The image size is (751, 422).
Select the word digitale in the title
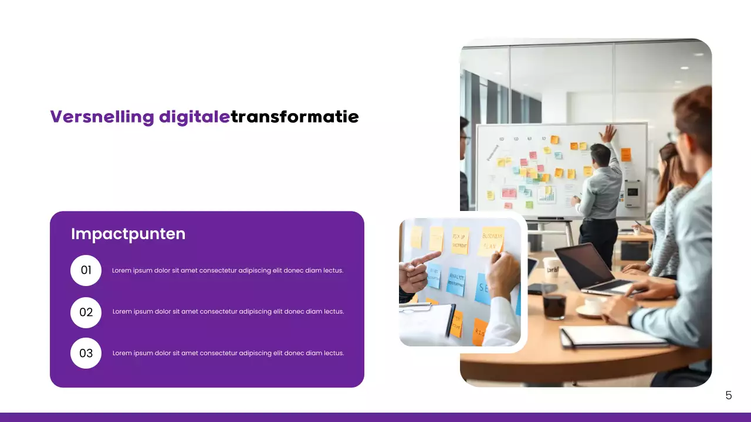coord(194,117)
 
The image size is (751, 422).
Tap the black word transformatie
coord(295,117)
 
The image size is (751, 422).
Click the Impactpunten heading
coord(128,234)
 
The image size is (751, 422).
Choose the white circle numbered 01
coord(86,270)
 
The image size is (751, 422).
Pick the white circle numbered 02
coord(86,312)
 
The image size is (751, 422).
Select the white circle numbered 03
coord(86,353)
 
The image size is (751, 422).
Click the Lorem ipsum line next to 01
coord(228,270)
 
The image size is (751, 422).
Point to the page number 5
coord(729,396)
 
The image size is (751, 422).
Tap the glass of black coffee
coord(554,305)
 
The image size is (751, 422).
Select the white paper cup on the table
coord(551,268)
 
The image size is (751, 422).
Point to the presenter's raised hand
coord(608,134)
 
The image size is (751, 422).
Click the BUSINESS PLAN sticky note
coord(492,240)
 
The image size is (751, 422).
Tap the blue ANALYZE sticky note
coord(456,281)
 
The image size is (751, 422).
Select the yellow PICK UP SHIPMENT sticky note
coord(460,240)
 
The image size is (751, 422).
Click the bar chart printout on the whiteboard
coord(547,195)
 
